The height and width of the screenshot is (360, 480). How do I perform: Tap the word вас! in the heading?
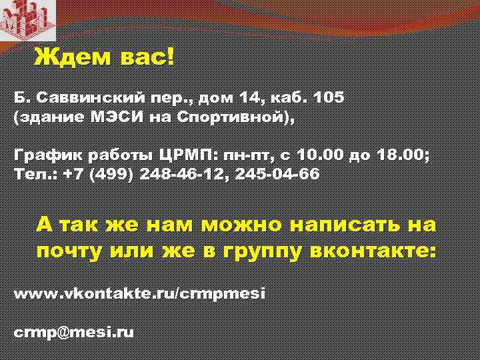(x=147, y=57)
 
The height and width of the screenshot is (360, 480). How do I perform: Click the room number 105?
(x=327, y=98)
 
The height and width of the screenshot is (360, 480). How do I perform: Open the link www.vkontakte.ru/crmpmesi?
(x=139, y=293)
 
